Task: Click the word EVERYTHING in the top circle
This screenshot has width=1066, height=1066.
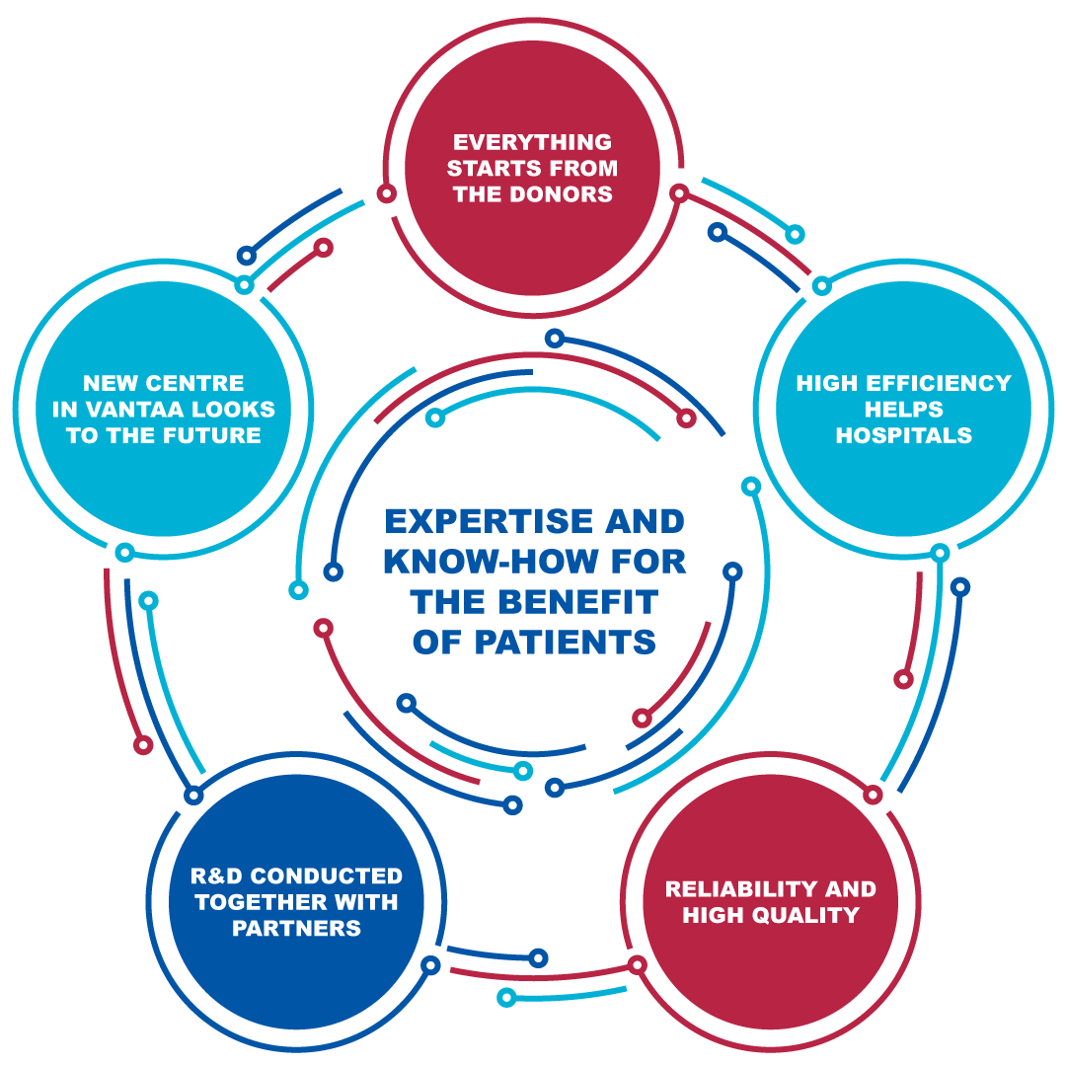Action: coord(532,142)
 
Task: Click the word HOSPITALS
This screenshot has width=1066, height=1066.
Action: coord(903,435)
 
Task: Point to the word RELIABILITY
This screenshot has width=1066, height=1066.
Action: coord(727,889)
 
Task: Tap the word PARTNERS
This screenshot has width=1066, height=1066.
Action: coord(296,929)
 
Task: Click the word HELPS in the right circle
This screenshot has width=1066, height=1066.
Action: coord(903,410)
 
